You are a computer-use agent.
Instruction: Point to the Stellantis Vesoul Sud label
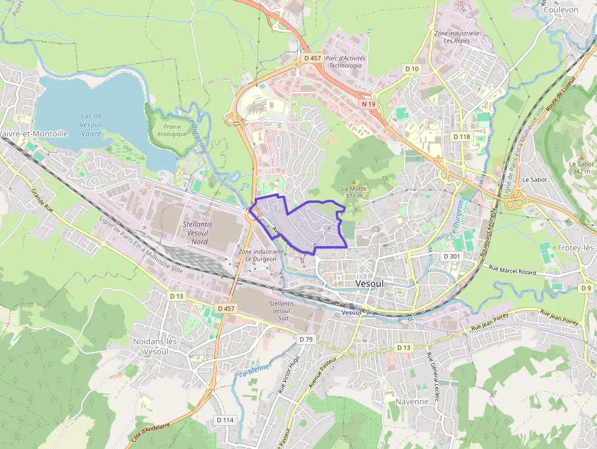282,311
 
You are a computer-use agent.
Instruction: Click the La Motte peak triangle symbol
353,181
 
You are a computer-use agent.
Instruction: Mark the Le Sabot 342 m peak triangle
581,157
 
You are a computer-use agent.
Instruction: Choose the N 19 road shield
368,104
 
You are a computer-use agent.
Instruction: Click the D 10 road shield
412,69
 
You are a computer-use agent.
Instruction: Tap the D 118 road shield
462,136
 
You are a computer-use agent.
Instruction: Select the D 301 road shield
451,256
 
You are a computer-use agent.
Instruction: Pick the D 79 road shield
306,339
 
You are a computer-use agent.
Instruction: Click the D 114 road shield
225,420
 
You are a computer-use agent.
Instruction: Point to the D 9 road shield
586,288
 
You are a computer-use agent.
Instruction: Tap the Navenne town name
412,401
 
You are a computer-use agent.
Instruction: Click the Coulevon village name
560,10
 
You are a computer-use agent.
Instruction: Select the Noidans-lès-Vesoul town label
155,346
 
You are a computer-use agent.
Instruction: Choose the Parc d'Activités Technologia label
345,62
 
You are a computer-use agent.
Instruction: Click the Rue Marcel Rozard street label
512,269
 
